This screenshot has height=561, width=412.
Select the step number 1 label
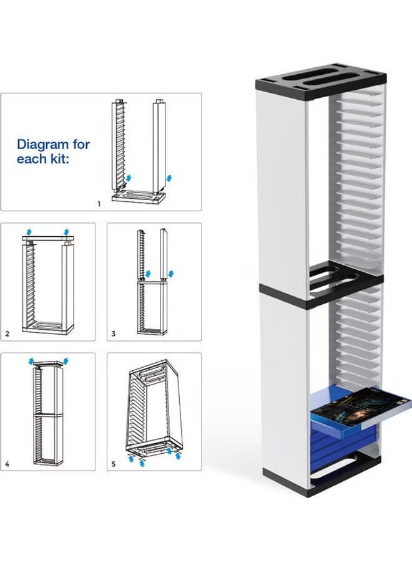point(99,204)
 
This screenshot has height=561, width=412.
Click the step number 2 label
point(7,334)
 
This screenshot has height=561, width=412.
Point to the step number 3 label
point(114,334)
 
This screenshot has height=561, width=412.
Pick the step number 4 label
point(7,464)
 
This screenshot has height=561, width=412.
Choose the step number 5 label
point(114,464)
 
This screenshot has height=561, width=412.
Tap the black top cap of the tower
point(321,82)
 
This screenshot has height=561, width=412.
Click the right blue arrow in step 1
point(169,178)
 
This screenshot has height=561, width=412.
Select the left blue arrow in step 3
point(148,274)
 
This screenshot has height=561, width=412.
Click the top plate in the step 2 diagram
point(48,239)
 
